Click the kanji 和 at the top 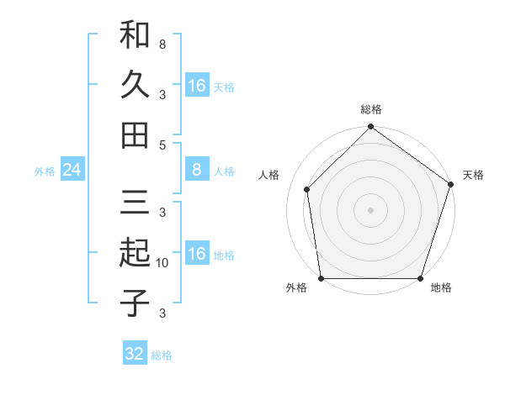(135, 35)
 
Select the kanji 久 (135, 84)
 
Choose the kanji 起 (135, 252)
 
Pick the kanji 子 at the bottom (135, 303)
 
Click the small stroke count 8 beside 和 (162, 43)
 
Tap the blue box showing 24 (72, 171)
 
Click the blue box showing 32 (135, 354)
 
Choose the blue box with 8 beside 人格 (196, 171)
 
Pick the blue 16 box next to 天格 (196, 86)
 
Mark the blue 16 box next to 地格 (196, 255)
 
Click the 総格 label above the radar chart (371, 110)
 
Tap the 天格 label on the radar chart (473, 175)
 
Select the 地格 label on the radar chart (441, 288)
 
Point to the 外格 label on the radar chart (296, 288)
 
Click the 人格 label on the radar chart (269, 175)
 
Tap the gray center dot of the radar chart (370, 209)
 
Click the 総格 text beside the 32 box (162, 355)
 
